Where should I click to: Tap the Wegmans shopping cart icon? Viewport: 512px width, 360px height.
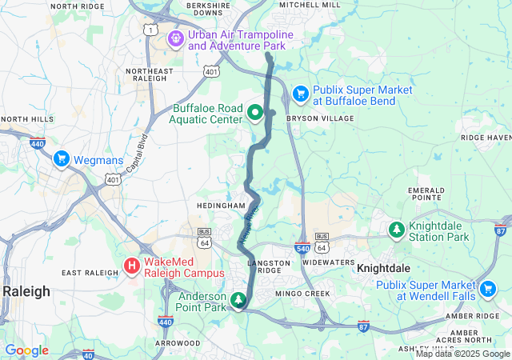pos(61,159)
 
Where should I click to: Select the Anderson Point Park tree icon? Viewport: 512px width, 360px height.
pos(238,300)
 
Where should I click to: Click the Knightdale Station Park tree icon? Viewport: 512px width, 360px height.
pos(396,230)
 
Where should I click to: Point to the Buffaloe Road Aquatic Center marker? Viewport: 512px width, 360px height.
pos(255,113)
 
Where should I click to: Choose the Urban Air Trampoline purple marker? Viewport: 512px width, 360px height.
pos(176,38)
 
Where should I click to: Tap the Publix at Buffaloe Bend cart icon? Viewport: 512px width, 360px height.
pos(301,94)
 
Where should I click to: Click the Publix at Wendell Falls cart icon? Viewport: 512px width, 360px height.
pos(487,289)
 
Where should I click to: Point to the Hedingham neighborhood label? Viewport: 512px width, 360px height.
pos(220,206)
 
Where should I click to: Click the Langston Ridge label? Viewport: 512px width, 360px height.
pos(274,262)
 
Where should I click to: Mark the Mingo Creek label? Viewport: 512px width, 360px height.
pos(302,294)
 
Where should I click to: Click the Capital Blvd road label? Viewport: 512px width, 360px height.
pos(136,153)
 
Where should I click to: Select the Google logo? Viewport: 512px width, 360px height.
pos(26,350)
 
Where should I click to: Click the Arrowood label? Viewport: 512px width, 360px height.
pos(178,342)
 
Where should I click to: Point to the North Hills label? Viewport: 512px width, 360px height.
pos(27,119)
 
